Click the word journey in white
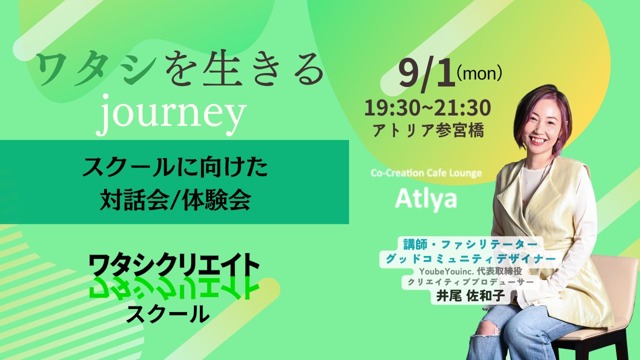[x=171, y=115]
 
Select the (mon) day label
[x=479, y=73]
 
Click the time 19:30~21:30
[x=427, y=108]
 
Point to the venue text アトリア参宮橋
[x=428, y=130]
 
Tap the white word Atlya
[x=426, y=199]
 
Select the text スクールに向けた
[x=175, y=167]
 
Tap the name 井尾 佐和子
[x=470, y=296]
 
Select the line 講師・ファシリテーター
[x=470, y=244]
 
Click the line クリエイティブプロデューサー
[x=470, y=282]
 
